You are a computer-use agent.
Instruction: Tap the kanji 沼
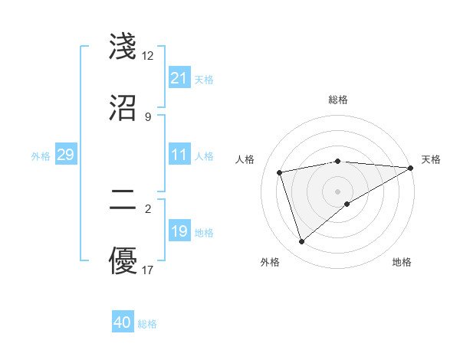(x=123, y=107)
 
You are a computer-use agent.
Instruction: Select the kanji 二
(x=123, y=201)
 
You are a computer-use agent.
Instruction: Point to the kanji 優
(x=123, y=261)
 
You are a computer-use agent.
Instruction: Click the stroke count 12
(x=148, y=56)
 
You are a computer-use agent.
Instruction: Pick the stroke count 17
(x=148, y=270)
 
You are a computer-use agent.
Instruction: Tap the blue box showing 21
(x=179, y=78)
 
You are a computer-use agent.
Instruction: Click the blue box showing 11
(x=179, y=155)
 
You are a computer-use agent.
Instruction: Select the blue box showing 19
(x=179, y=231)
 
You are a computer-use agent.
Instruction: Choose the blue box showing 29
(x=66, y=155)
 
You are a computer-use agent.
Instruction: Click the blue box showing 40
(x=123, y=322)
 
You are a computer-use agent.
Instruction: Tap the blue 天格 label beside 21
(x=204, y=80)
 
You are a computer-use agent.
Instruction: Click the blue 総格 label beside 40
(x=147, y=324)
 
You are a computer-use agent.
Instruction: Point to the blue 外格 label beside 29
(x=41, y=156)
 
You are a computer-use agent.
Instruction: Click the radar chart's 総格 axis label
(x=338, y=100)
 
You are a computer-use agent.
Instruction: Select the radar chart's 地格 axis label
(x=402, y=263)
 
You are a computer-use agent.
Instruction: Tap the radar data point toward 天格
(x=411, y=168)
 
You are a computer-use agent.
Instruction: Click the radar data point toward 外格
(x=301, y=242)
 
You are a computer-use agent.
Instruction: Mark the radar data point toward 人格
(x=280, y=172)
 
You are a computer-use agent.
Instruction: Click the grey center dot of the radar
(x=338, y=191)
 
